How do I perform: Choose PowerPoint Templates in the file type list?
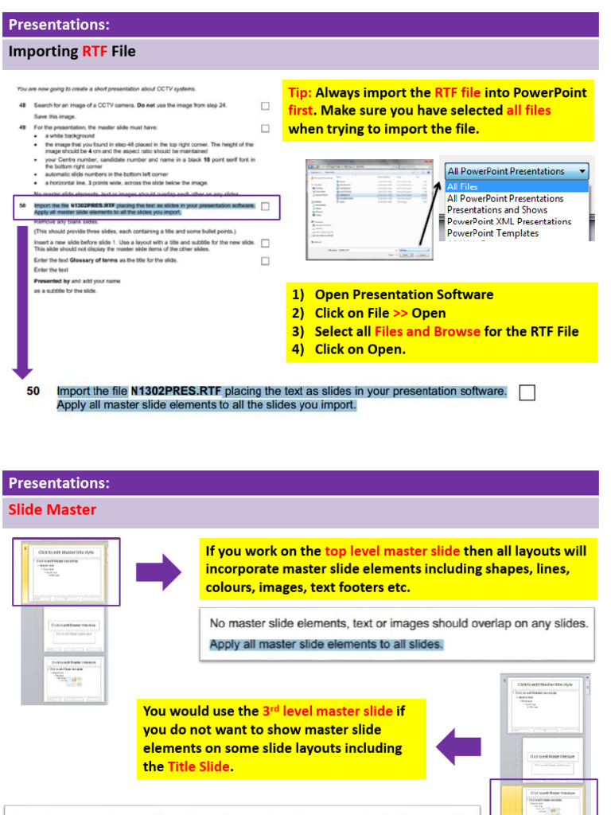coord(492,233)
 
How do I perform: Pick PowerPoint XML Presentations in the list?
coord(509,221)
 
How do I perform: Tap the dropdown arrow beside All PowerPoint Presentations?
coord(582,171)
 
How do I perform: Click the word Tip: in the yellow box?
coord(300,92)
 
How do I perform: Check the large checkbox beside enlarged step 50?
coord(527,392)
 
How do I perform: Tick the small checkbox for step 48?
coord(265,106)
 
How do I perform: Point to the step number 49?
coord(22,127)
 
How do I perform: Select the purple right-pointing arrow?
coord(159,572)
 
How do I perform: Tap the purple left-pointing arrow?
coord(458,747)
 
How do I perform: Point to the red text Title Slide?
coord(199,767)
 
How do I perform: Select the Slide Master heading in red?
coord(53,509)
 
